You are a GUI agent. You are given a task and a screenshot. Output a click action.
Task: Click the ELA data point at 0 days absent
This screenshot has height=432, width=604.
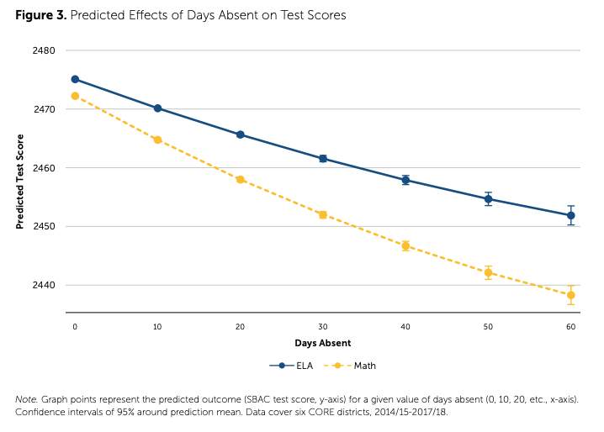(x=75, y=80)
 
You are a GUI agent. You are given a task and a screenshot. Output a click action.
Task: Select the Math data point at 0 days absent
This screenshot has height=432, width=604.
(x=75, y=96)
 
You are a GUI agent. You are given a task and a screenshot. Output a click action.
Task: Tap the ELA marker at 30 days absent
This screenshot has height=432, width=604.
(x=323, y=158)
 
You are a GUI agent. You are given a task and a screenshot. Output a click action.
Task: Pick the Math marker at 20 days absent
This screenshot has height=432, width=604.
(x=241, y=180)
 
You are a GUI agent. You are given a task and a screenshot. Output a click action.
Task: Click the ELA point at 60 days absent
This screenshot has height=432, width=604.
(x=570, y=216)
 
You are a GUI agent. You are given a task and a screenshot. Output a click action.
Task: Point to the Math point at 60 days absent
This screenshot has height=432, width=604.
(x=570, y=295)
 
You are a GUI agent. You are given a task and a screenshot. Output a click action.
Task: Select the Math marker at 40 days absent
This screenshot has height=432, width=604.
(x=405, y=246)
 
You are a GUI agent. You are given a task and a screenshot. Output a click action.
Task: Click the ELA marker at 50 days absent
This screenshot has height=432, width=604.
(x=488, y=199)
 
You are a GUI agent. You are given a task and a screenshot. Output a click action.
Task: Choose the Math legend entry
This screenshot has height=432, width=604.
(x=354, y=366)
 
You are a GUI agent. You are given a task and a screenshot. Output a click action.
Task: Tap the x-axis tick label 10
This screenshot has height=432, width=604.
(x=157, y=325)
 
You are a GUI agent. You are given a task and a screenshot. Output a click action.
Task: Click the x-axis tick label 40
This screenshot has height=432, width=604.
(x=405, y=325)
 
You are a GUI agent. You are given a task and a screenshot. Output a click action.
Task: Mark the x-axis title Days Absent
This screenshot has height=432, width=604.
(x=323, y=343)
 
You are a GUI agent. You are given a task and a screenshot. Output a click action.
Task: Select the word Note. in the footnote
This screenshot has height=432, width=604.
(x=27, y=398)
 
